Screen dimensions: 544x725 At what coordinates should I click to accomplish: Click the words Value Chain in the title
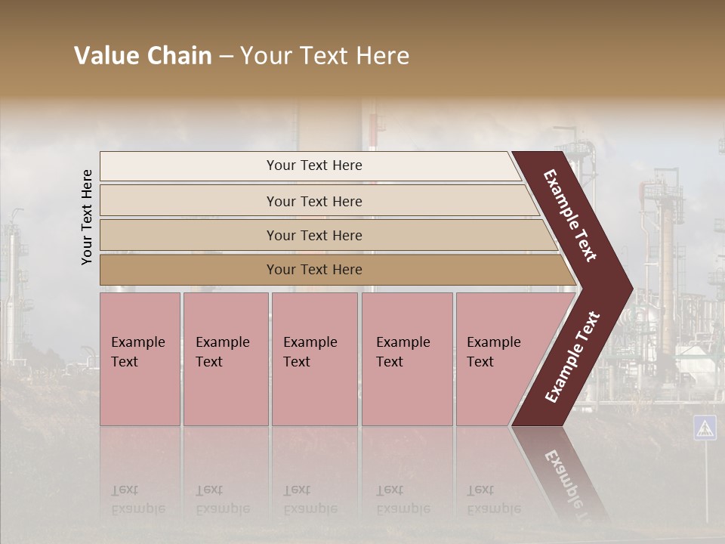click(x=143, y=56)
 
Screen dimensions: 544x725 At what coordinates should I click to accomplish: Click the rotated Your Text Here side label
click(x=87, y=217)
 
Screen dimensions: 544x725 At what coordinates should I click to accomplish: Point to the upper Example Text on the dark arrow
click(x=571, y=215)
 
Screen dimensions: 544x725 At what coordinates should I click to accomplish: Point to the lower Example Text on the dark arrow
click(x=572, y=357)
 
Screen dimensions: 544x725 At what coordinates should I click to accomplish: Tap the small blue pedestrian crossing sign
click(x=705, y=428)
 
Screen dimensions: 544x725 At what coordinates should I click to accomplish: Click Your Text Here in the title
click(x=325, y=56)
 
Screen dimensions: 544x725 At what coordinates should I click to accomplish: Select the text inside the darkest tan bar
click(x=314, y=270)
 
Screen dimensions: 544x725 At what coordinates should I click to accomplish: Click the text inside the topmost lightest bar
click(x=314, y=165)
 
